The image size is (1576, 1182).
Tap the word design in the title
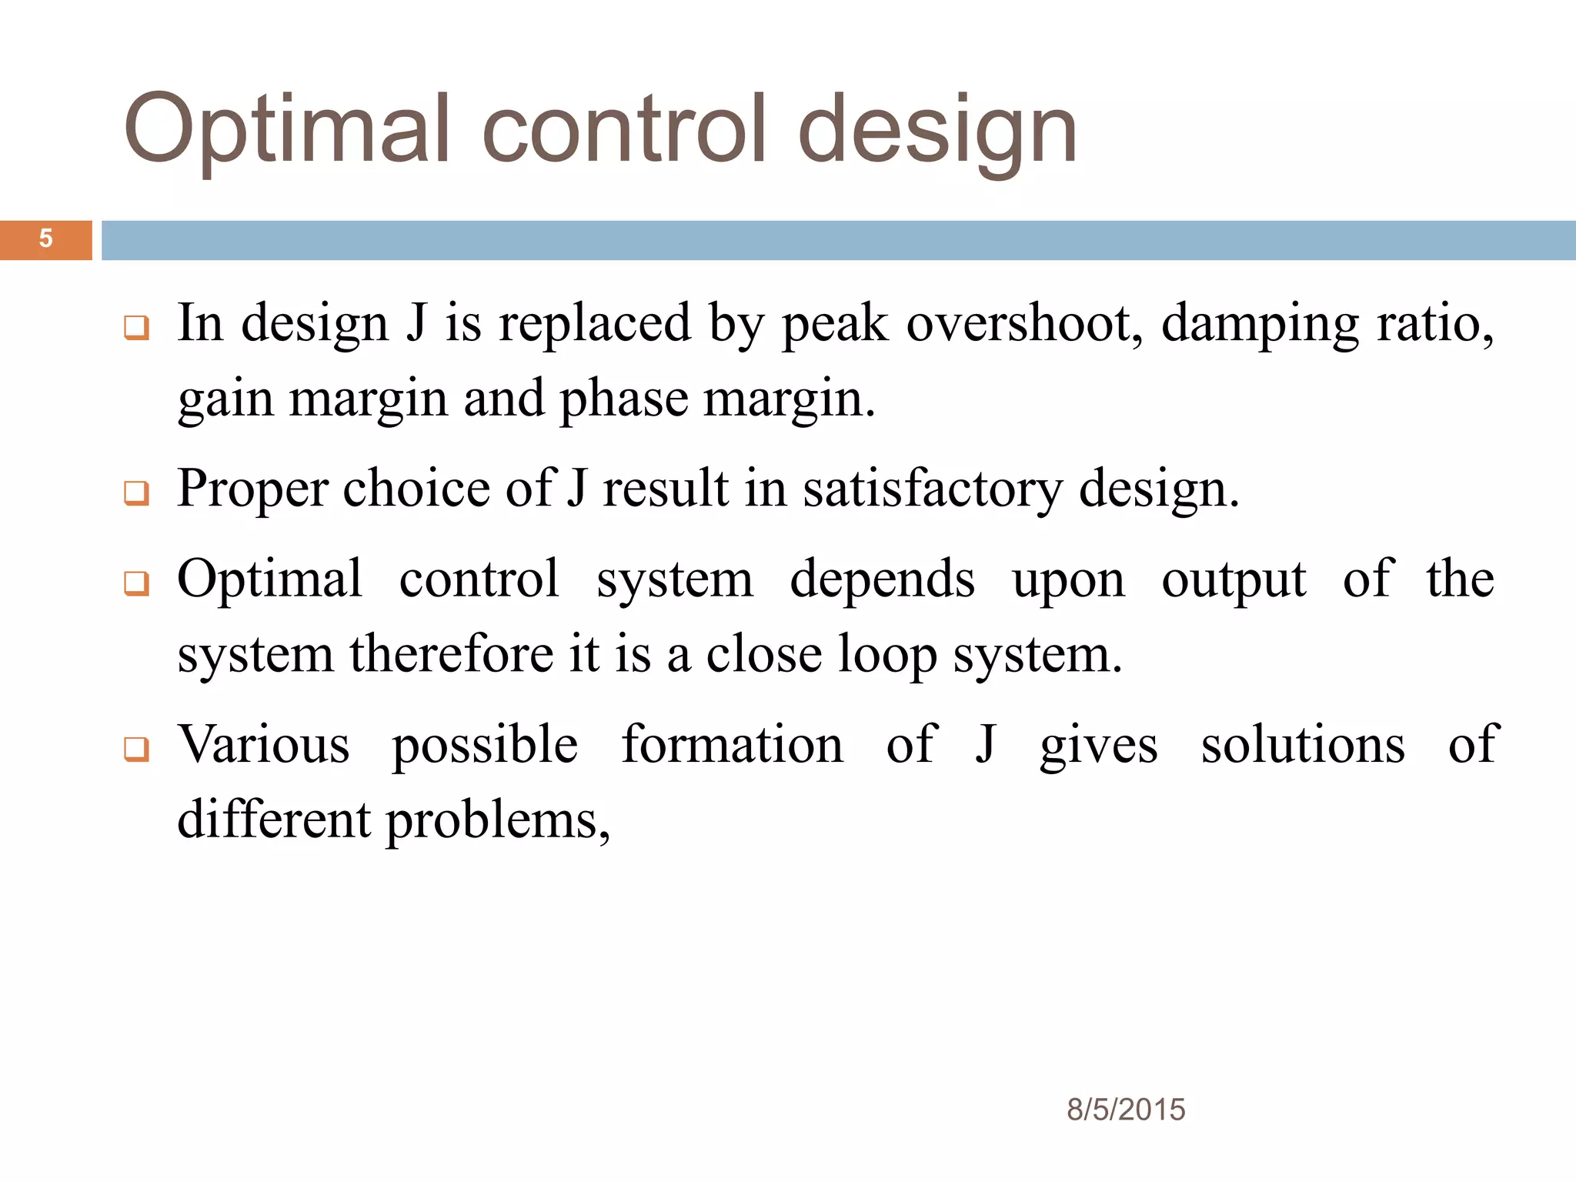coord(937,129)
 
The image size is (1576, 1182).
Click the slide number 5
coord(45,239)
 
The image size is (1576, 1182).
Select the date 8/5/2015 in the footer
coord(1125,1110)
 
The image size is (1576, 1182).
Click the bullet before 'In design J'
coord(136,328)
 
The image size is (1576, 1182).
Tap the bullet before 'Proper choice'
coord(136,492)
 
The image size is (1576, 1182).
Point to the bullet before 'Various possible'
coord(136,749)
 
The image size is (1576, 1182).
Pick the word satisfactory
coord(933,489)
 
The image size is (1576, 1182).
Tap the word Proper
coord(252,489)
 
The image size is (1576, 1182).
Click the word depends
coord(882,579)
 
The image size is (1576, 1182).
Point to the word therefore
coord(451,654)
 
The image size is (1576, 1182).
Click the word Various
coord(264,745)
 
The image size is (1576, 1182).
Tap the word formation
coord(732,745)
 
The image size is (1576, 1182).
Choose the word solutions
coord(1303,745)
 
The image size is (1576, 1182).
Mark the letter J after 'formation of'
coord(985,745)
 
